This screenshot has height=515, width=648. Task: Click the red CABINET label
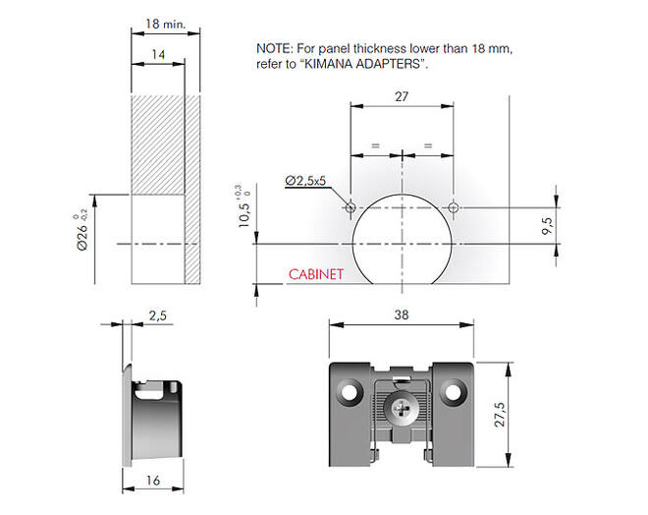pos(316,274)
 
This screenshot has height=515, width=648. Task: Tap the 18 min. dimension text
pos(165,24)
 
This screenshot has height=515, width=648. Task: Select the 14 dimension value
pos(158,55)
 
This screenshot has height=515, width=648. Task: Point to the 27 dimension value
pos(402,96)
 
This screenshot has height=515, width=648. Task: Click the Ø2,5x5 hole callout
pos(305,181)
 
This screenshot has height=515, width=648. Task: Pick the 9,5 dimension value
pos(547,226)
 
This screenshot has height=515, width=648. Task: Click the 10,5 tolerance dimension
pos(244,206)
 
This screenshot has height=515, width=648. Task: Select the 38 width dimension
pos(402,315)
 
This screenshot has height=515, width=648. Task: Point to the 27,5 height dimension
pos(500,414)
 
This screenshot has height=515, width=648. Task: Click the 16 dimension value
pos(153,481)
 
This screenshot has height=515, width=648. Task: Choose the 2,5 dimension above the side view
pos(157,316)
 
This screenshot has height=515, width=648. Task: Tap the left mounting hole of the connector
pos(350,391)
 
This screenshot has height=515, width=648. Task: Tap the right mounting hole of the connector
pos(453,391)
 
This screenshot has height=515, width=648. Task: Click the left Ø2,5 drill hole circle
pos(351,206)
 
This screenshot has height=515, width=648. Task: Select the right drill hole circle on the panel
pos(454,206)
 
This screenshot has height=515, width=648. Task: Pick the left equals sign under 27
pos(375,145)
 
